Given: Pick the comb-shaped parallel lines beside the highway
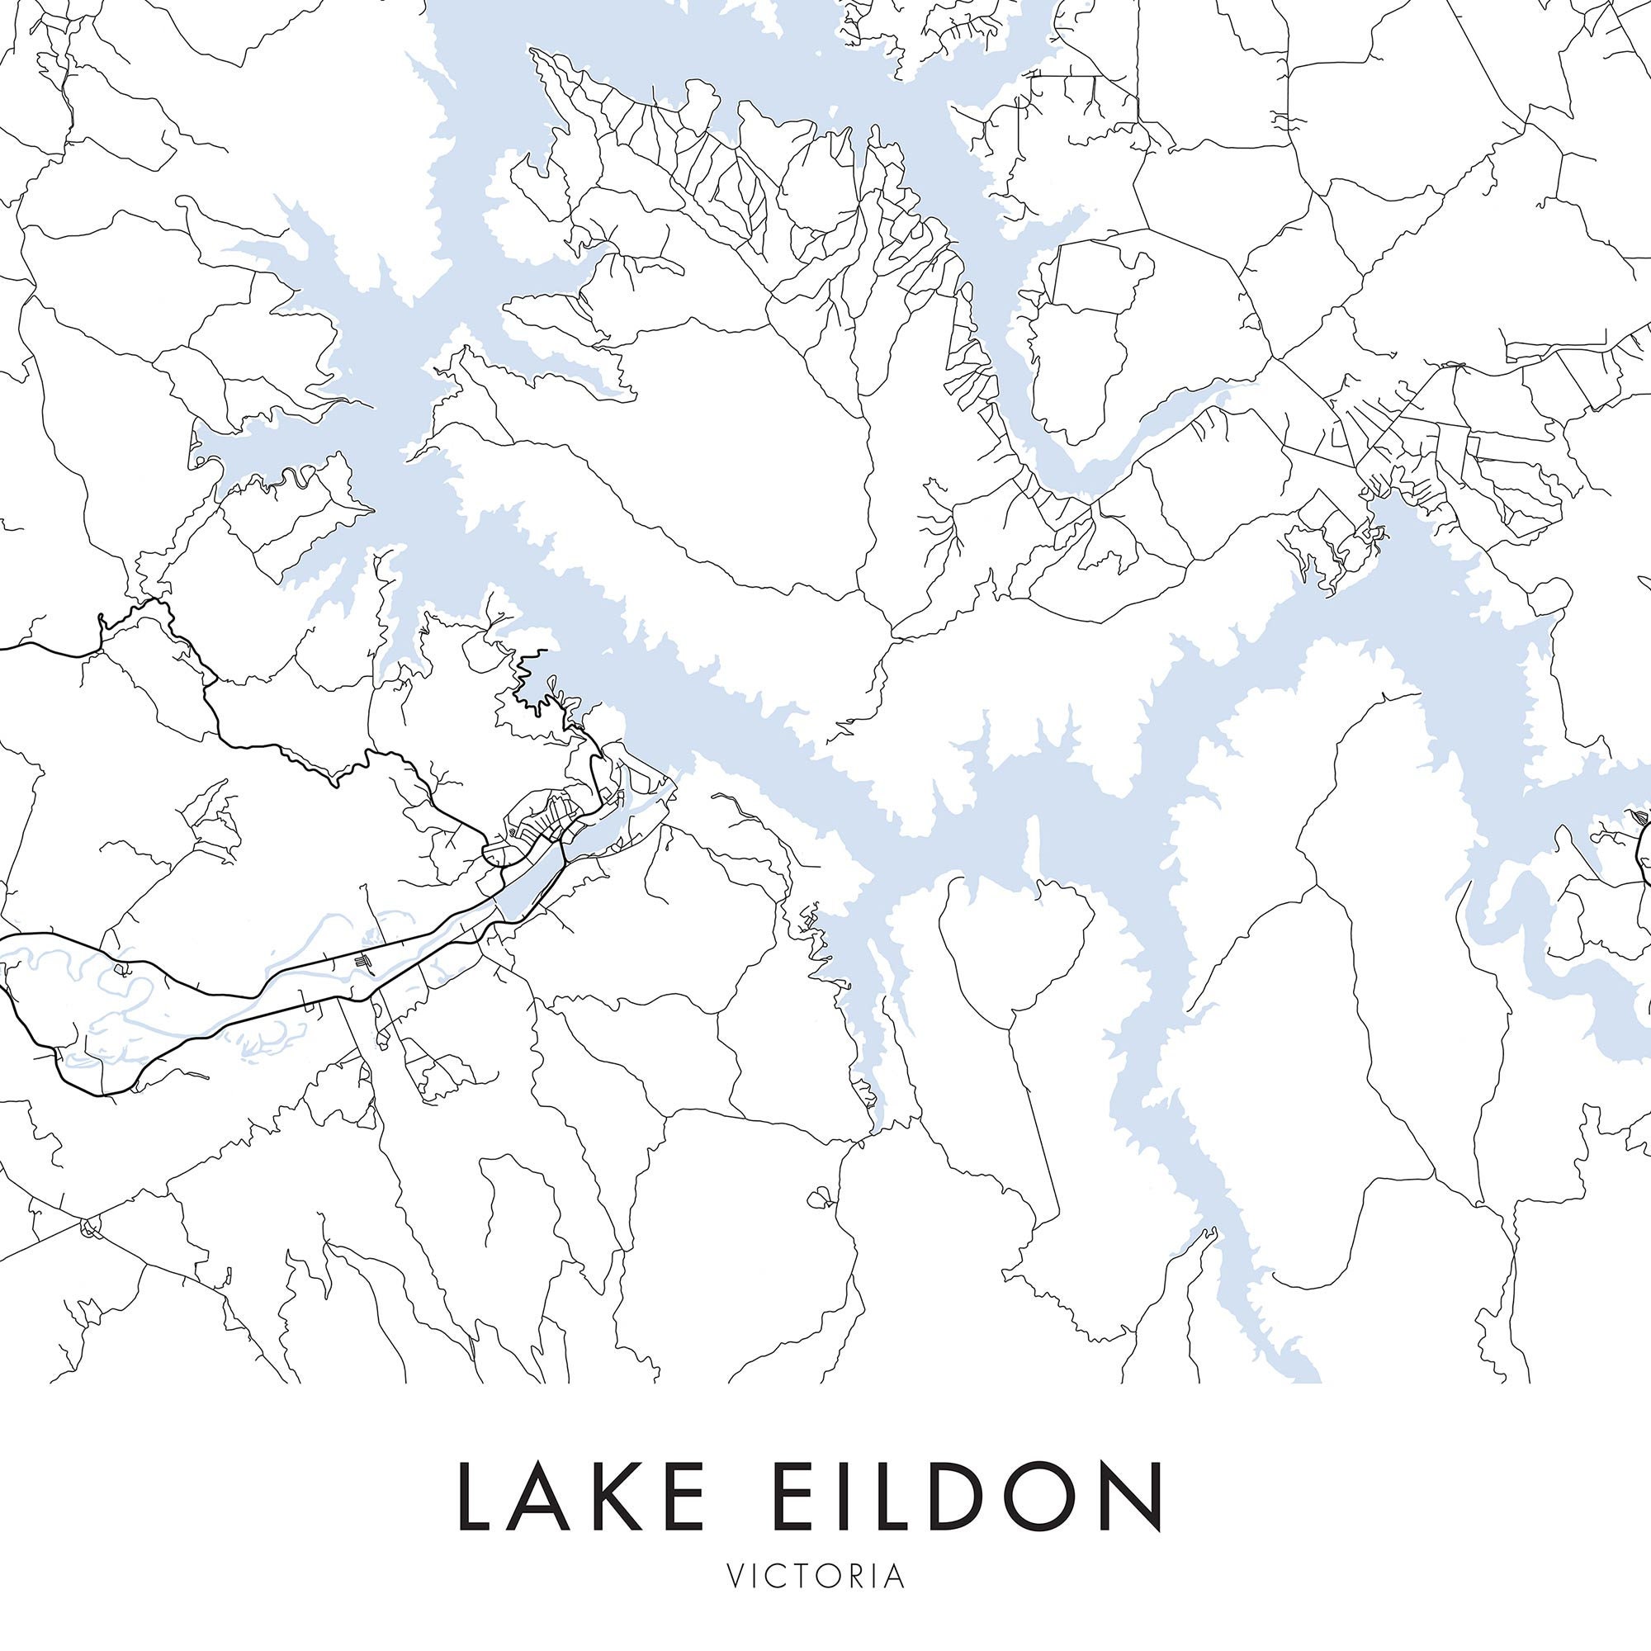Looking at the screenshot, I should click(365, 963).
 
